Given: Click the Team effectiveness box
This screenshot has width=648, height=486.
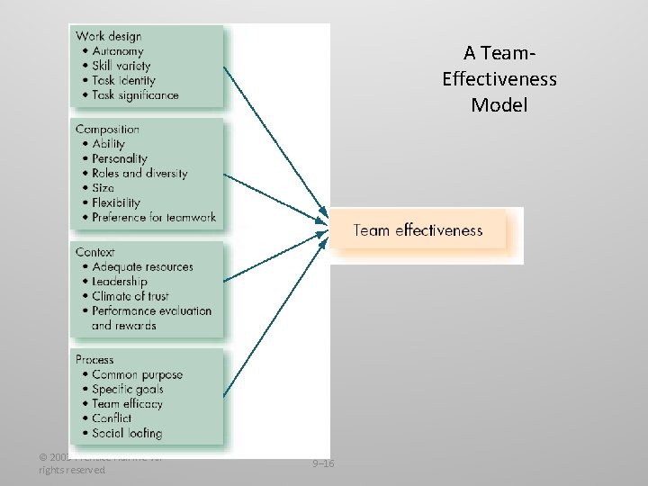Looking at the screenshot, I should [418, 230].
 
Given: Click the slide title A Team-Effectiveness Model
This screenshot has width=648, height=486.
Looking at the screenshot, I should [499, 79].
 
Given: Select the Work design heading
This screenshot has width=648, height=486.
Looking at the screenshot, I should [108, 36].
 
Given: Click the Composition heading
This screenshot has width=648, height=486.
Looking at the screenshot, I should [107, 129].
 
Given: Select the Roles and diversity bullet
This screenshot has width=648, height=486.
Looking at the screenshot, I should [139, 173].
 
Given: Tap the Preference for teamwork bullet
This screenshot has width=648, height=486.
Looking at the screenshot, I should [153, 217].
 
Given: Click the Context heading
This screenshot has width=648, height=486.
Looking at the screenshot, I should [95, 252].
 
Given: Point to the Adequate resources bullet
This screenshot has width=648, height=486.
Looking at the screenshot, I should [142, 267].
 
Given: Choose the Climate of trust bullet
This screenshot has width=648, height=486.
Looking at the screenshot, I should [130, 296].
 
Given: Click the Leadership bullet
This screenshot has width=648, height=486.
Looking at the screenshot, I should [119, 282].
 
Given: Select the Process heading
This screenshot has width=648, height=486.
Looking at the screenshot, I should [95, 359].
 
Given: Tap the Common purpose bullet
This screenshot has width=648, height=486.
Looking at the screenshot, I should [137, 374].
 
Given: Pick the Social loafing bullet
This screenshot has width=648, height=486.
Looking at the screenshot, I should [127, 433].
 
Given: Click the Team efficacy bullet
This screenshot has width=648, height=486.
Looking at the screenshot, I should [127, 404].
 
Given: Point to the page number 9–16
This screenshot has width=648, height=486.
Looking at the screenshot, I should [322, 463].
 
